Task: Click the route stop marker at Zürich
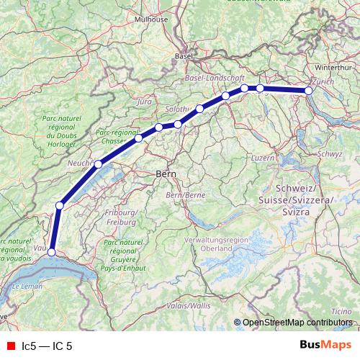tap(309, 91)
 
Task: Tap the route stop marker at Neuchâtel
tap(98, 164)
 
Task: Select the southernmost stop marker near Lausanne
tap(51, 251)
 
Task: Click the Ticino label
tap(342, 310)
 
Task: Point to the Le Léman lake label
tap(27, 287)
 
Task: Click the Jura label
tap(144, 102)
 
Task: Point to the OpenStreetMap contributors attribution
tap(297, 323)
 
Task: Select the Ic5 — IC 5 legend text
tap(48, 346)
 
